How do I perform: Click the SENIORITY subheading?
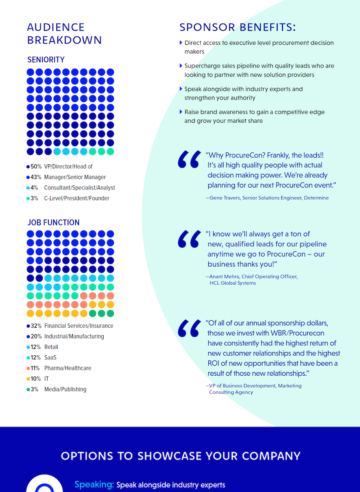(46, 60)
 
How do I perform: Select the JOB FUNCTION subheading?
(54, 223)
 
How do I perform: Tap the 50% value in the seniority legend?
(36, 167)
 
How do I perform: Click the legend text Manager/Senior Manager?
(75, 177)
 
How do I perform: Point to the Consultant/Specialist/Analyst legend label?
(80, 187)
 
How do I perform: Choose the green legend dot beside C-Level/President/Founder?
(28, 198)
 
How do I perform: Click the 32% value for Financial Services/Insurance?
(36, 326)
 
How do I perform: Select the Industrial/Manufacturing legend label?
(74, 336)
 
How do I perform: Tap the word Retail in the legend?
(51, 347)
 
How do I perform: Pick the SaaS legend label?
(50, 357)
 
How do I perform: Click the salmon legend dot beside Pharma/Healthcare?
(28, 368)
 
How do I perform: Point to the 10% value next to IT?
(36, 378)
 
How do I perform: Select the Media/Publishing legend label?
(65, 389)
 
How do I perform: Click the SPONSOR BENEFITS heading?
(238, 27)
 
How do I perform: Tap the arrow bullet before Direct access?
(181, 43)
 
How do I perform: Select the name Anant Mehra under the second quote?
(224, 276)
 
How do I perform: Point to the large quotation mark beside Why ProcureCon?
(189, 159)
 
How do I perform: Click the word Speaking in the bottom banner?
(94, 484)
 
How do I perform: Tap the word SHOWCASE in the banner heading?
(170, 456)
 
